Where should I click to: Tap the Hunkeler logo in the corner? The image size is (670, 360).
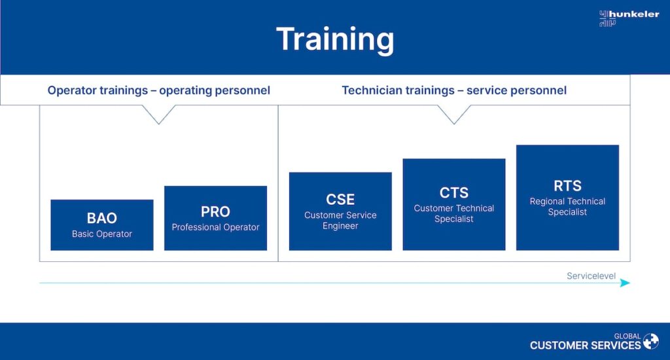629,18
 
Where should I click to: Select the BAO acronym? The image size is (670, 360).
102,218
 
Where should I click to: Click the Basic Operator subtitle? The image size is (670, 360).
102,234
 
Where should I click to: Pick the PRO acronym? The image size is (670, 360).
215,211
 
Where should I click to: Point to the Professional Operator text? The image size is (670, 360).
215,227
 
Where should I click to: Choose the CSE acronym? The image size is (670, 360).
340,200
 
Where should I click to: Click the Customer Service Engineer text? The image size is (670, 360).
340,221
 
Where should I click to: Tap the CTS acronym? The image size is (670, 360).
454,192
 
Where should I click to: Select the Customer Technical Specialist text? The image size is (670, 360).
454,213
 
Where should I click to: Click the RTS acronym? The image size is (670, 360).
567,185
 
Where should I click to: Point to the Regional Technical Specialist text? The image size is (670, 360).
567,207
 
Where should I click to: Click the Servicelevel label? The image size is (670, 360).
591,276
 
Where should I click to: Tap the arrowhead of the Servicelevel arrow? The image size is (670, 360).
626,283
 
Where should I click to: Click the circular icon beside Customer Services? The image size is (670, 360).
651,342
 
